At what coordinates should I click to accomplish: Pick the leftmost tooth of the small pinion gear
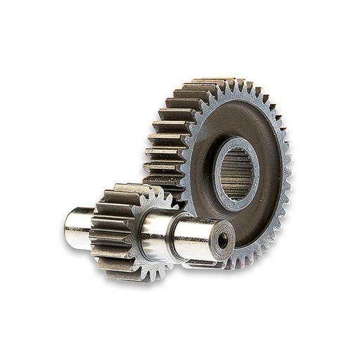(94, 232)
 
